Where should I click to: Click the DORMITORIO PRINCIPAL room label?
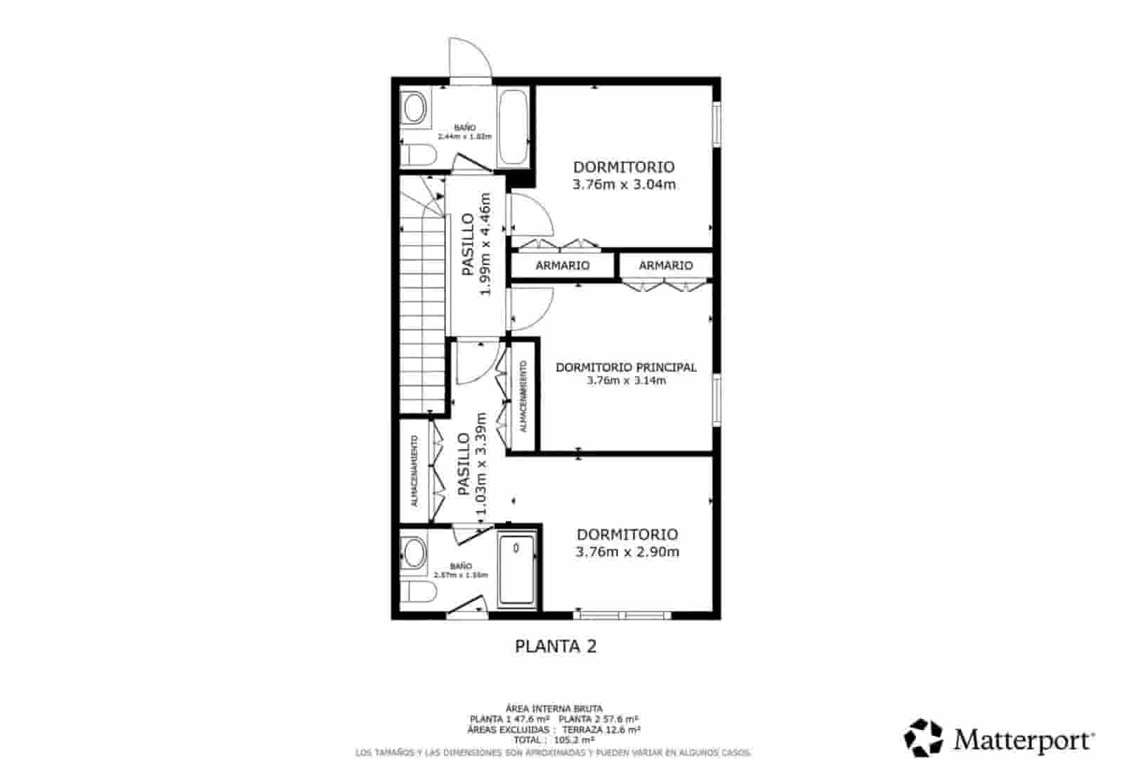point(626,367)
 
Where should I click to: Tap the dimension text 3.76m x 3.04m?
point(624,185)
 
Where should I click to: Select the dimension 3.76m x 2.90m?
point(627,552)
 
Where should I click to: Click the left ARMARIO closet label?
point(563,265)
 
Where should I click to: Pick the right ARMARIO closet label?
point(666,265)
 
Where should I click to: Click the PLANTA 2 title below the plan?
point(556,647)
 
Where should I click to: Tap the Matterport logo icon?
point(923,738)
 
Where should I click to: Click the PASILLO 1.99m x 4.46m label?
point(476,244)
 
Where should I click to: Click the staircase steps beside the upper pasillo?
point(424,309)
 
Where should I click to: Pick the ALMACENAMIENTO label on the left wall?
point(414,471)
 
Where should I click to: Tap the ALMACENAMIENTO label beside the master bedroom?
point(523,396)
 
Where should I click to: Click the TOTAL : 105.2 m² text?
point(554,740)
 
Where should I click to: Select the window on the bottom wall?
point(622,615)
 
